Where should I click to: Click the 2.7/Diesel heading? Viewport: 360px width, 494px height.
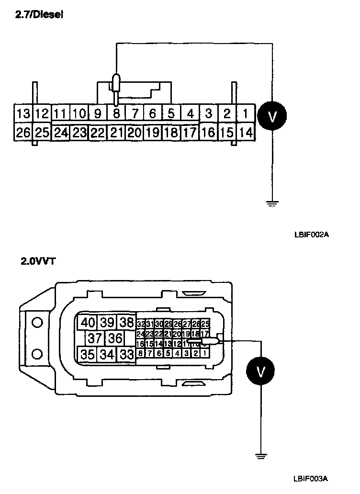tap(40, 15)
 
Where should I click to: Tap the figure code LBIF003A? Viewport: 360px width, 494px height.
tap(312, 478)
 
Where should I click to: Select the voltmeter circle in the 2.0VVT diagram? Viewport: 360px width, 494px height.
tap(261, 371)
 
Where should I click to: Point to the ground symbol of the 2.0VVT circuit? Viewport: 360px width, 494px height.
tap(261, 456)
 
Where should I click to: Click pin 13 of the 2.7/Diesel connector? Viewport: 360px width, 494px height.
tap(23, 114)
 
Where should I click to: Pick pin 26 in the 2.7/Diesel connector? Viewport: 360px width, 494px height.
tap(23, 132)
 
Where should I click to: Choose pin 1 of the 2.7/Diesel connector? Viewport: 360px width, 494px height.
tap(246, 114)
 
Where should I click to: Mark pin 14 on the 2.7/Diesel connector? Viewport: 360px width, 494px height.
tap(246, 132)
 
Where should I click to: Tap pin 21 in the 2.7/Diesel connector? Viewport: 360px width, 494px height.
tap(116, 132)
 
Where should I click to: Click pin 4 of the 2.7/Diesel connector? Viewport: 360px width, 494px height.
tap(190, 114)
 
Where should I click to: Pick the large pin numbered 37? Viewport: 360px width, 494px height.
tap(95, 338)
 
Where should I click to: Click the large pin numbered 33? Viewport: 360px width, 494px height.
tap(127, 355)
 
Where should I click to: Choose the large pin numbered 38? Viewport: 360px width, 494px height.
tap(127, 322)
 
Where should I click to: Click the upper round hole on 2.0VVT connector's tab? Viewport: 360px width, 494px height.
tap(37, 323)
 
